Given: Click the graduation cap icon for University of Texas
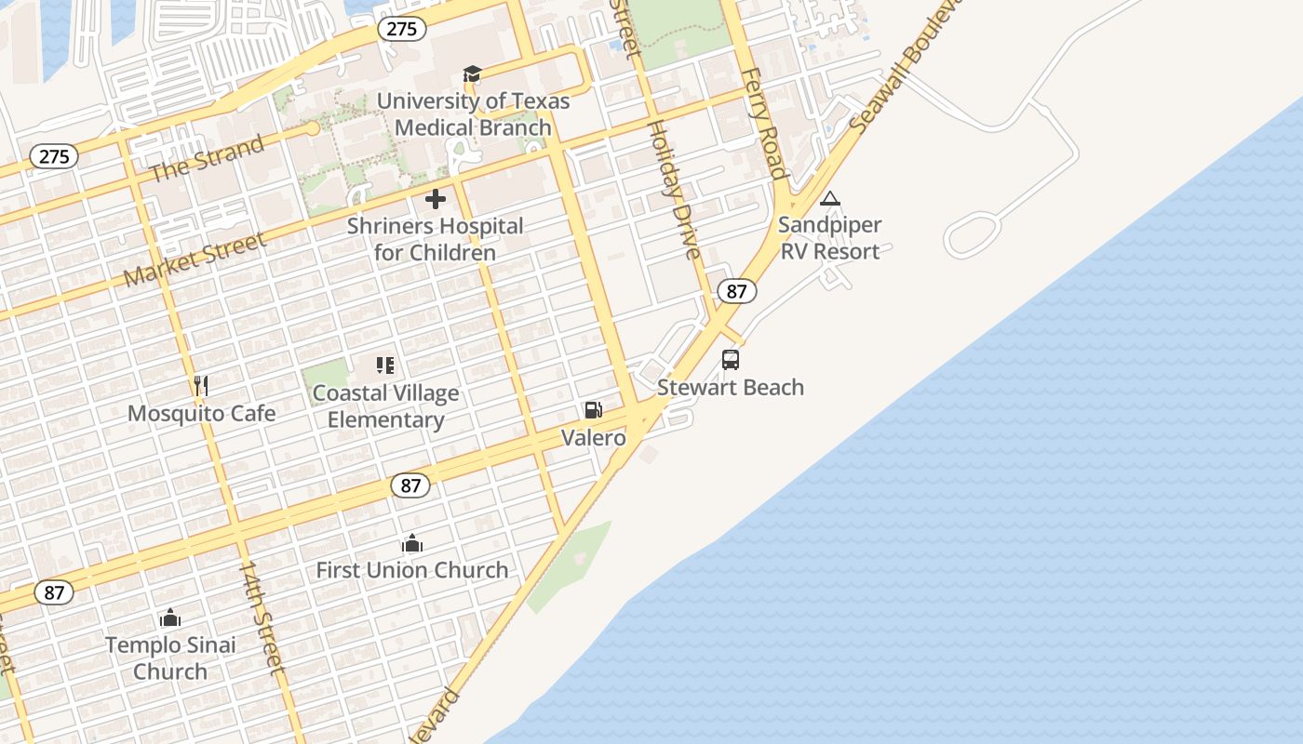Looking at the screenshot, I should pos(473,74).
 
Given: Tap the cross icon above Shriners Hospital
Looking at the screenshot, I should pos(436,199).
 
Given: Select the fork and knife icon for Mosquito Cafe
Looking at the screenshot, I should pos(201,385).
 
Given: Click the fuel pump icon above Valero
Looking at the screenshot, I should pos(593,410).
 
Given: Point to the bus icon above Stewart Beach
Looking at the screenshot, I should pos(731,360).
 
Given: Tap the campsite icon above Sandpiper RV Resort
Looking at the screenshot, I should pos(829,198).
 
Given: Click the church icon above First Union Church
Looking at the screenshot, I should pos(412,543).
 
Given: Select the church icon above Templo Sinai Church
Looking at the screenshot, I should pos(170,618).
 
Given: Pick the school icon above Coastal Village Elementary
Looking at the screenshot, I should pos(385,365).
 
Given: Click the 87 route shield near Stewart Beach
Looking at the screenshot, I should pos(736,291).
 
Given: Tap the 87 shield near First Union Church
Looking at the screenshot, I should pos(410,485).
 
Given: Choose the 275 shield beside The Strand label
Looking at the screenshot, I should pos(54,156).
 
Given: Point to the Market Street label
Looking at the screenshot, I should pos(195,259).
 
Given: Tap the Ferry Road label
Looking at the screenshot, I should pos(764,122).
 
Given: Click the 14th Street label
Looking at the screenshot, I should pos(262,616).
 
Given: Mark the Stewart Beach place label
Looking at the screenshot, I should pos(731,387).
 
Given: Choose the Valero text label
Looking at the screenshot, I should pos(594,437).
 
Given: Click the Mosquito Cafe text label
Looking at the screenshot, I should pos(201,413).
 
